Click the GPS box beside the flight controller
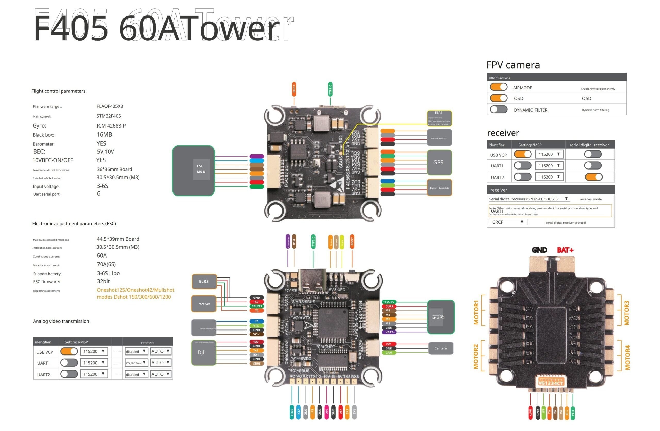coord(439,162)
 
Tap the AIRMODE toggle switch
coord(499,87)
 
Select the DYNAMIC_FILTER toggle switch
coord(499,110)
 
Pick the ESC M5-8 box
coord(194,171)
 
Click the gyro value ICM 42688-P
coord(111,125)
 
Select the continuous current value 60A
coord(102,256)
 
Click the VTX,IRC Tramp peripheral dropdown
coord(136,363)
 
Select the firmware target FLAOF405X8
coord(110,106)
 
